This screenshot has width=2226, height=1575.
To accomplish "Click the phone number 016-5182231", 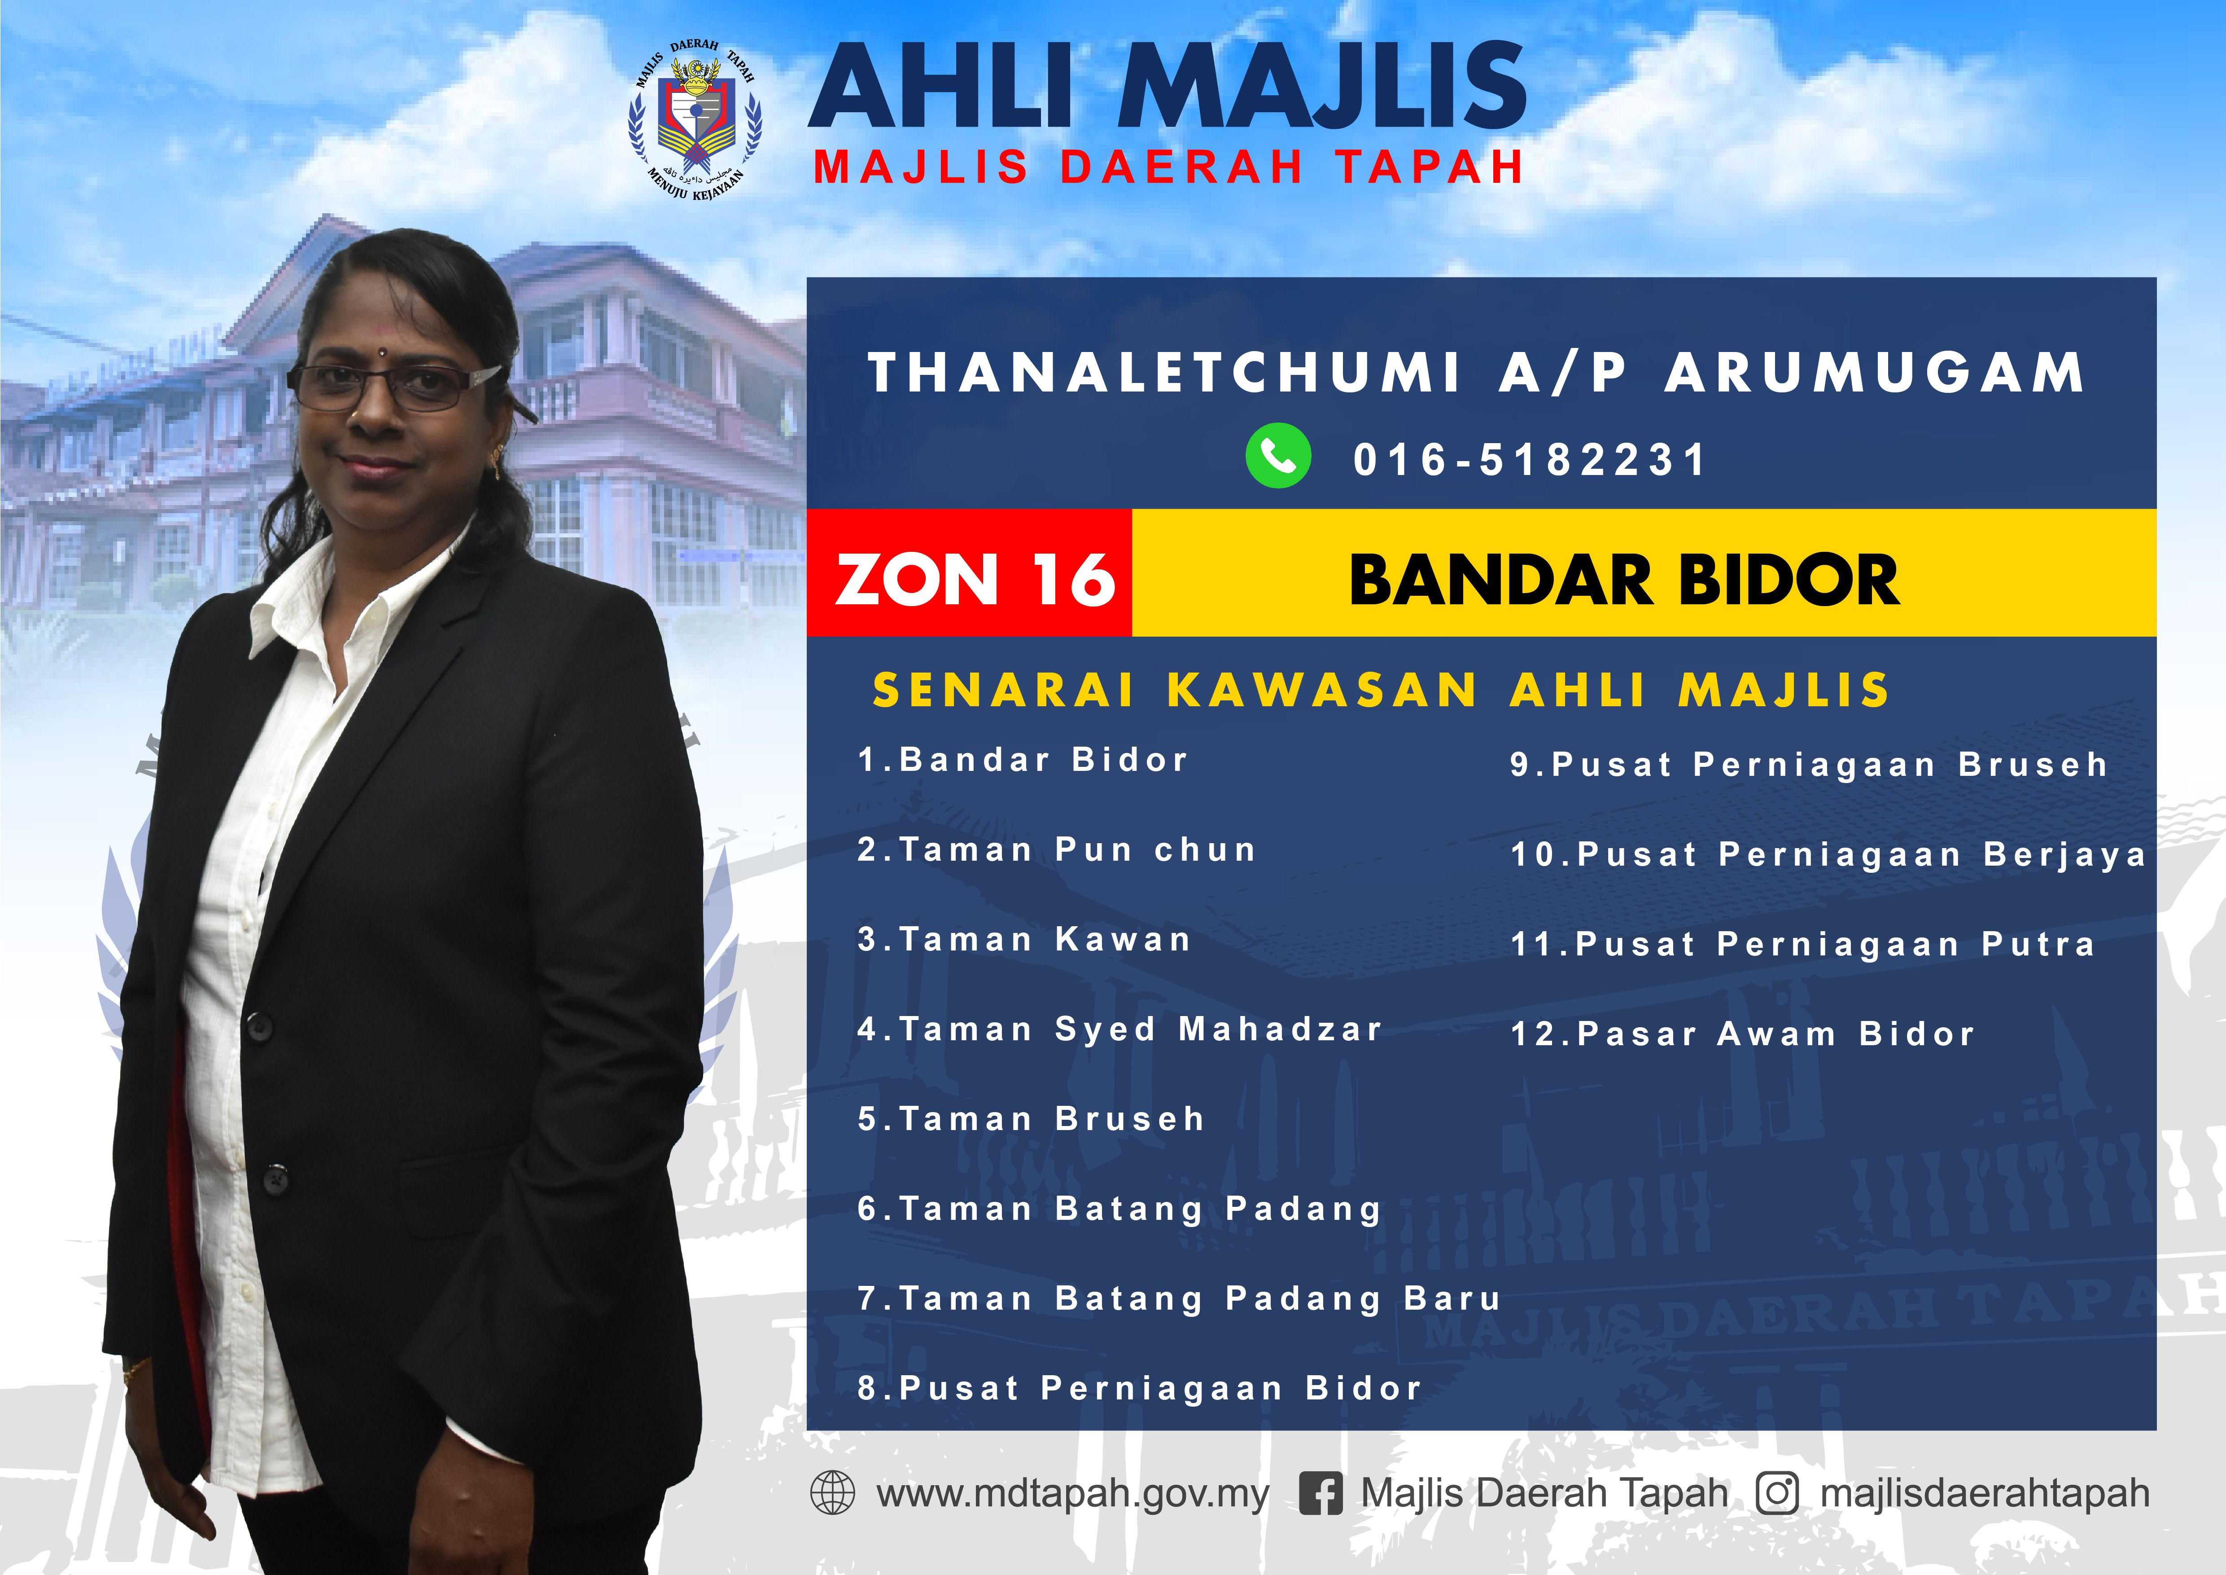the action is point(1529,460).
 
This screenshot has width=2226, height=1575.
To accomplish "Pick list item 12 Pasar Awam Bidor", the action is point(1742,1034).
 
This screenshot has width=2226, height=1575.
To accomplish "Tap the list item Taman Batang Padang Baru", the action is point(1179,1298).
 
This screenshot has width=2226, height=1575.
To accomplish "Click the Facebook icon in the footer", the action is point(1321,1492).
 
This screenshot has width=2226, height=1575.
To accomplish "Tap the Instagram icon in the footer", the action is point(1777,1492).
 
